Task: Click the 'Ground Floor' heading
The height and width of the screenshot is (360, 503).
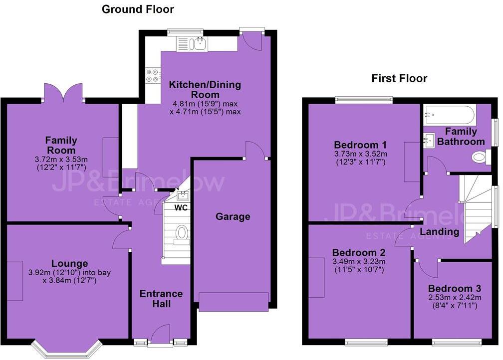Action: [x=138, y=9]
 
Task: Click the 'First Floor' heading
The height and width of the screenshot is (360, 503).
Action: [x=399, y=78]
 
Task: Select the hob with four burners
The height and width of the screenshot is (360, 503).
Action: [x=152, y=75]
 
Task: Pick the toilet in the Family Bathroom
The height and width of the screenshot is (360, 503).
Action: [x=480, y=158]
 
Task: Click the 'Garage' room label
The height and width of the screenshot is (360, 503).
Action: [x=233, y=216]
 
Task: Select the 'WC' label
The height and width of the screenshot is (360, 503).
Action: [x=181, y=207]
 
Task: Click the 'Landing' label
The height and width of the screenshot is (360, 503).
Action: [x=439, y=231]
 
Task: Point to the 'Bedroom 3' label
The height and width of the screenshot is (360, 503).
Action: [x=454, y=288]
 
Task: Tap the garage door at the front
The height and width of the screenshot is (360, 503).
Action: [x=234, y=301]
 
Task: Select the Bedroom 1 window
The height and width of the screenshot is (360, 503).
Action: [x=364, y=99]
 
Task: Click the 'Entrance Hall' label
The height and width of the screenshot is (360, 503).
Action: [x=161, y=298]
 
